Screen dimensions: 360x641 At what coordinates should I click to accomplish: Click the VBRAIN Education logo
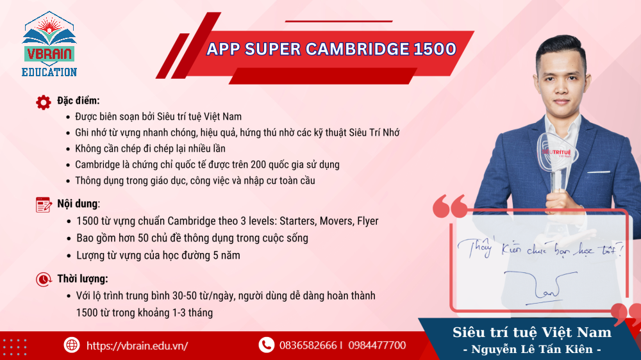[x=50, y=44]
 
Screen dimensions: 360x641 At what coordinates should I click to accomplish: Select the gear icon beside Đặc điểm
[x=44, y=102]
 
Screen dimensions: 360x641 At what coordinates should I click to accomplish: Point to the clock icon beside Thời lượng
[x=44, y=279]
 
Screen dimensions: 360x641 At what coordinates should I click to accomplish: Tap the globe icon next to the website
[x=71, y=345]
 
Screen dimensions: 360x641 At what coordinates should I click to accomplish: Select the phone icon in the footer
[x=266, y=345]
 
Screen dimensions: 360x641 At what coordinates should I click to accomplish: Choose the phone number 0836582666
[x=308, y=345]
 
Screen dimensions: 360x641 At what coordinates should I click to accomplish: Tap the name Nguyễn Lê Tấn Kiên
[x=531, y=350]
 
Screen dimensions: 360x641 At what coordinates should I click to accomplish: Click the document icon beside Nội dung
[x=44, y=204]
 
